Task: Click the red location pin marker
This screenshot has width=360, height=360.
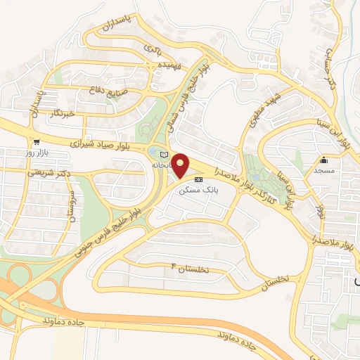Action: pyautogui.click(x=181, y=166)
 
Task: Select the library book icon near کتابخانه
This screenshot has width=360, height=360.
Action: pyautogui.click(x=165, y=154)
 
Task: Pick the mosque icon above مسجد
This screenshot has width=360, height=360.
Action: pyautogui.click(x=323, y=160)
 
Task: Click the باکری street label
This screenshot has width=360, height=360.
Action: pyautogui.click(x=153, y=49)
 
